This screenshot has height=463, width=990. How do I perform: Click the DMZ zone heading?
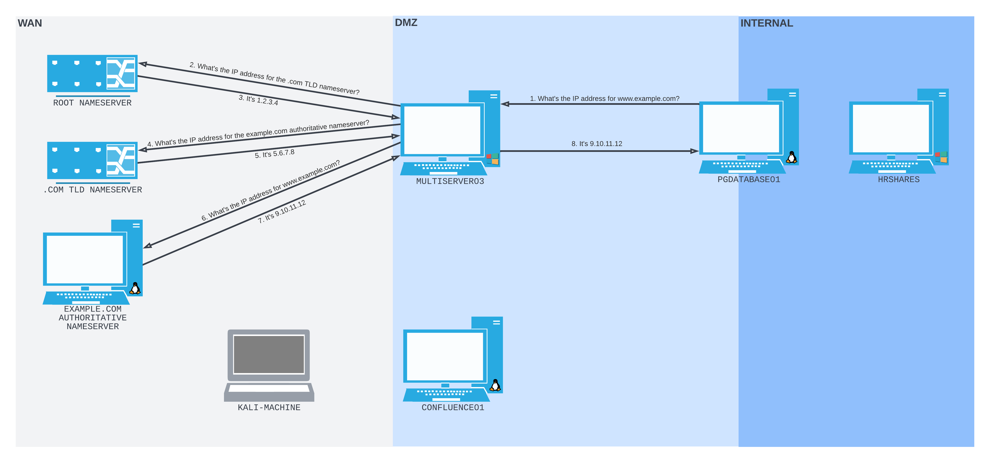pyautogui.click(x=406, y=23)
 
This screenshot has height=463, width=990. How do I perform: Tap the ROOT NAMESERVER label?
pyautogui.click(x=92, y=103)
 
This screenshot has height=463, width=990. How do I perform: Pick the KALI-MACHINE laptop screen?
pyautogui.click(x=269, y=354)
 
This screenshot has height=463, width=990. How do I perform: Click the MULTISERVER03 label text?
pyautogui.click(x=450, y=181)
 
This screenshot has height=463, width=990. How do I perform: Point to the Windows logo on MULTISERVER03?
pyautogui.click(x=492, y=159)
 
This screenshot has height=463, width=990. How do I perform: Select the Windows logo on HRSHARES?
pyautogui.click(x=941, y=157)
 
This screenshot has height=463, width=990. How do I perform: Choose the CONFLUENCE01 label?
pyautogui.click(x=453, y=407)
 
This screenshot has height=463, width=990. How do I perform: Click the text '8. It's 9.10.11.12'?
pyautogui.click(x=597, y=144)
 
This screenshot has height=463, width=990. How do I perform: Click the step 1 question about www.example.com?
pyautogui.click(x=604, y=99)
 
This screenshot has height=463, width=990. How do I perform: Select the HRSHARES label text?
pyautogui.click(x=898, y=179)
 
